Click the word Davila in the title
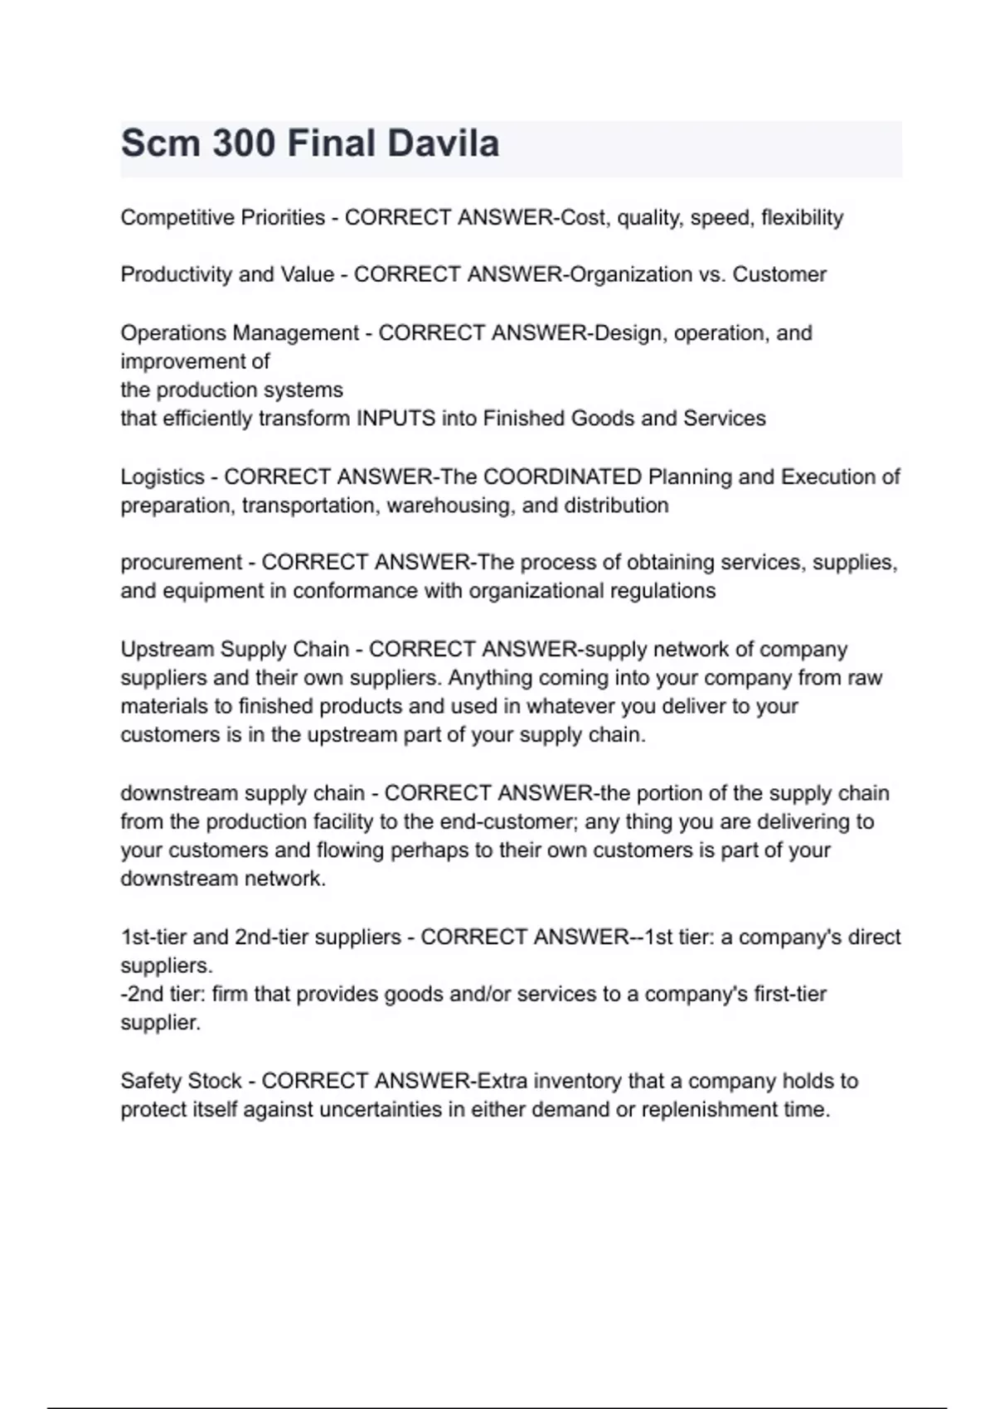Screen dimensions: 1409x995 (x=444, y=143)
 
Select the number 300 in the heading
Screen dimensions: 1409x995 (x=243, y=143)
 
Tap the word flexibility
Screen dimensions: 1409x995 (x=802, y=217)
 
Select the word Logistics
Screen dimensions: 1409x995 (x=163, y=477)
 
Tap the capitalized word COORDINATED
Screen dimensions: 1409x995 (x=562, y=477)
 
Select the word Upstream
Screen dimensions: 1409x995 (x=167, y=650)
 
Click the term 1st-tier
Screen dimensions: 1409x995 (x=153, y=937)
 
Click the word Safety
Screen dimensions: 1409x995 (x=151, y=1082)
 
